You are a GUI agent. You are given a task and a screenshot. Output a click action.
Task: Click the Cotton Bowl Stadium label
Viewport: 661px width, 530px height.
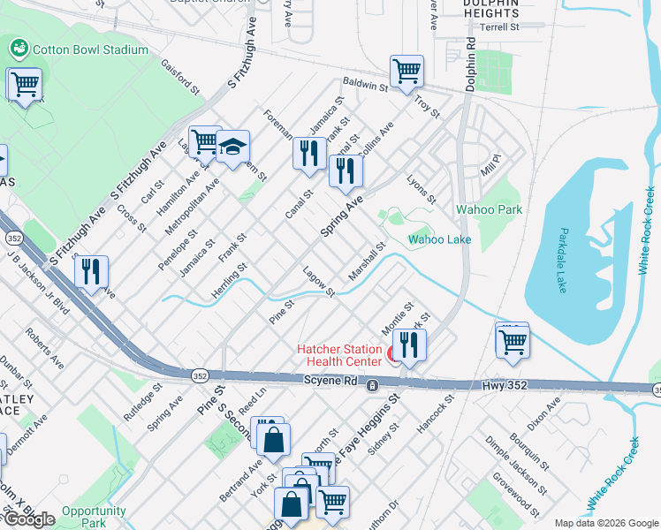click(90, 49)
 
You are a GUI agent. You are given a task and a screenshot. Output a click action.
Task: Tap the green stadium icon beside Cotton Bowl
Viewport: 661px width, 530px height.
click(19, 47)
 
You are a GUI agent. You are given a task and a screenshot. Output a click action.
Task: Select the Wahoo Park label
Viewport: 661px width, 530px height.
click(489, 209)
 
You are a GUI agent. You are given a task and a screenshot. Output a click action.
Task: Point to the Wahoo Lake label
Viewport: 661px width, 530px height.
click(439, 239)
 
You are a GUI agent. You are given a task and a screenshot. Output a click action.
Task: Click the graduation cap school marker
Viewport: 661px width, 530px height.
click(233, 149)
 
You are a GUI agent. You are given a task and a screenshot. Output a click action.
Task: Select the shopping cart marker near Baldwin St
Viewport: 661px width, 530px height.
click(406, 72)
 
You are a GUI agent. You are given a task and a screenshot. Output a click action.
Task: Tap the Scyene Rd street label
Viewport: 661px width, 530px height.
click(330, 381)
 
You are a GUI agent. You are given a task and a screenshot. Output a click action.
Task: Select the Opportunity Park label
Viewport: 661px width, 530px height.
click(95, 517)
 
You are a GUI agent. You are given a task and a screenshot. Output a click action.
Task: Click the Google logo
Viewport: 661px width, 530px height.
click(29, 519)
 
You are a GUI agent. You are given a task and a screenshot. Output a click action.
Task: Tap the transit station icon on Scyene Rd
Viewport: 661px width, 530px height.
click(373, 386)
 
